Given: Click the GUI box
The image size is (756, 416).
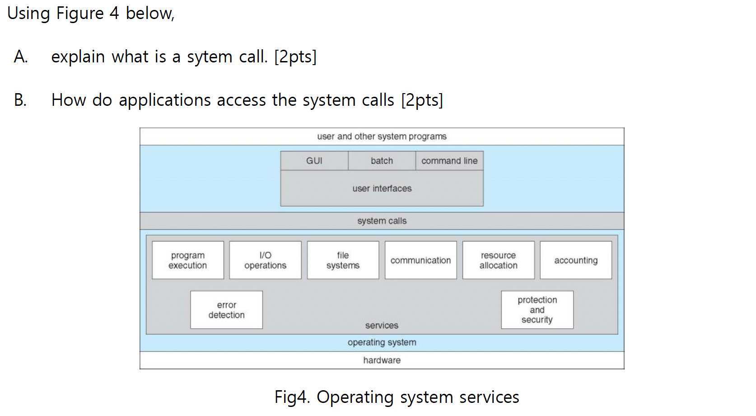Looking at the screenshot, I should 314,161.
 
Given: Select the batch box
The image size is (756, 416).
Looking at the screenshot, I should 382,161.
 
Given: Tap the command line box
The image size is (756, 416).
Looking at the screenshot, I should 449,161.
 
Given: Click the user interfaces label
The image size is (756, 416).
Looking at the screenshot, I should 382,189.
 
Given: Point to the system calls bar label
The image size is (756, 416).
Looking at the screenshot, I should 382,221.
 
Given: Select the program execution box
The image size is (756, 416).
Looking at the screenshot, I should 188,260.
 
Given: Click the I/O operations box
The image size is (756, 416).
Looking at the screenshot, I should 266,260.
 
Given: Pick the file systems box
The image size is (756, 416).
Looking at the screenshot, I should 343,260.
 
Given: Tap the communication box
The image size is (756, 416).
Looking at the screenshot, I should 421,260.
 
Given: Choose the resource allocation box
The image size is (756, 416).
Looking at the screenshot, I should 499,260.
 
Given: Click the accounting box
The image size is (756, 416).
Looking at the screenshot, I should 576,260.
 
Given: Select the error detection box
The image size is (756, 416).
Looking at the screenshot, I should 227,310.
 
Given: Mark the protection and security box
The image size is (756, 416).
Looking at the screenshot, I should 537,310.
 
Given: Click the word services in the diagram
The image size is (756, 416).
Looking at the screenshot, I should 382,326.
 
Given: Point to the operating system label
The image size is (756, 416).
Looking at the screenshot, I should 382,343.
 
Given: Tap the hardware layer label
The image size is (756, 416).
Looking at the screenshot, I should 382,360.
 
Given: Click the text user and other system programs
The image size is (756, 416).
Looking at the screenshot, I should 382,137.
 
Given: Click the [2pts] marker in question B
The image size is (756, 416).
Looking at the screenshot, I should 422,100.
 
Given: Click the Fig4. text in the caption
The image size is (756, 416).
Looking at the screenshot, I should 292,397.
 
